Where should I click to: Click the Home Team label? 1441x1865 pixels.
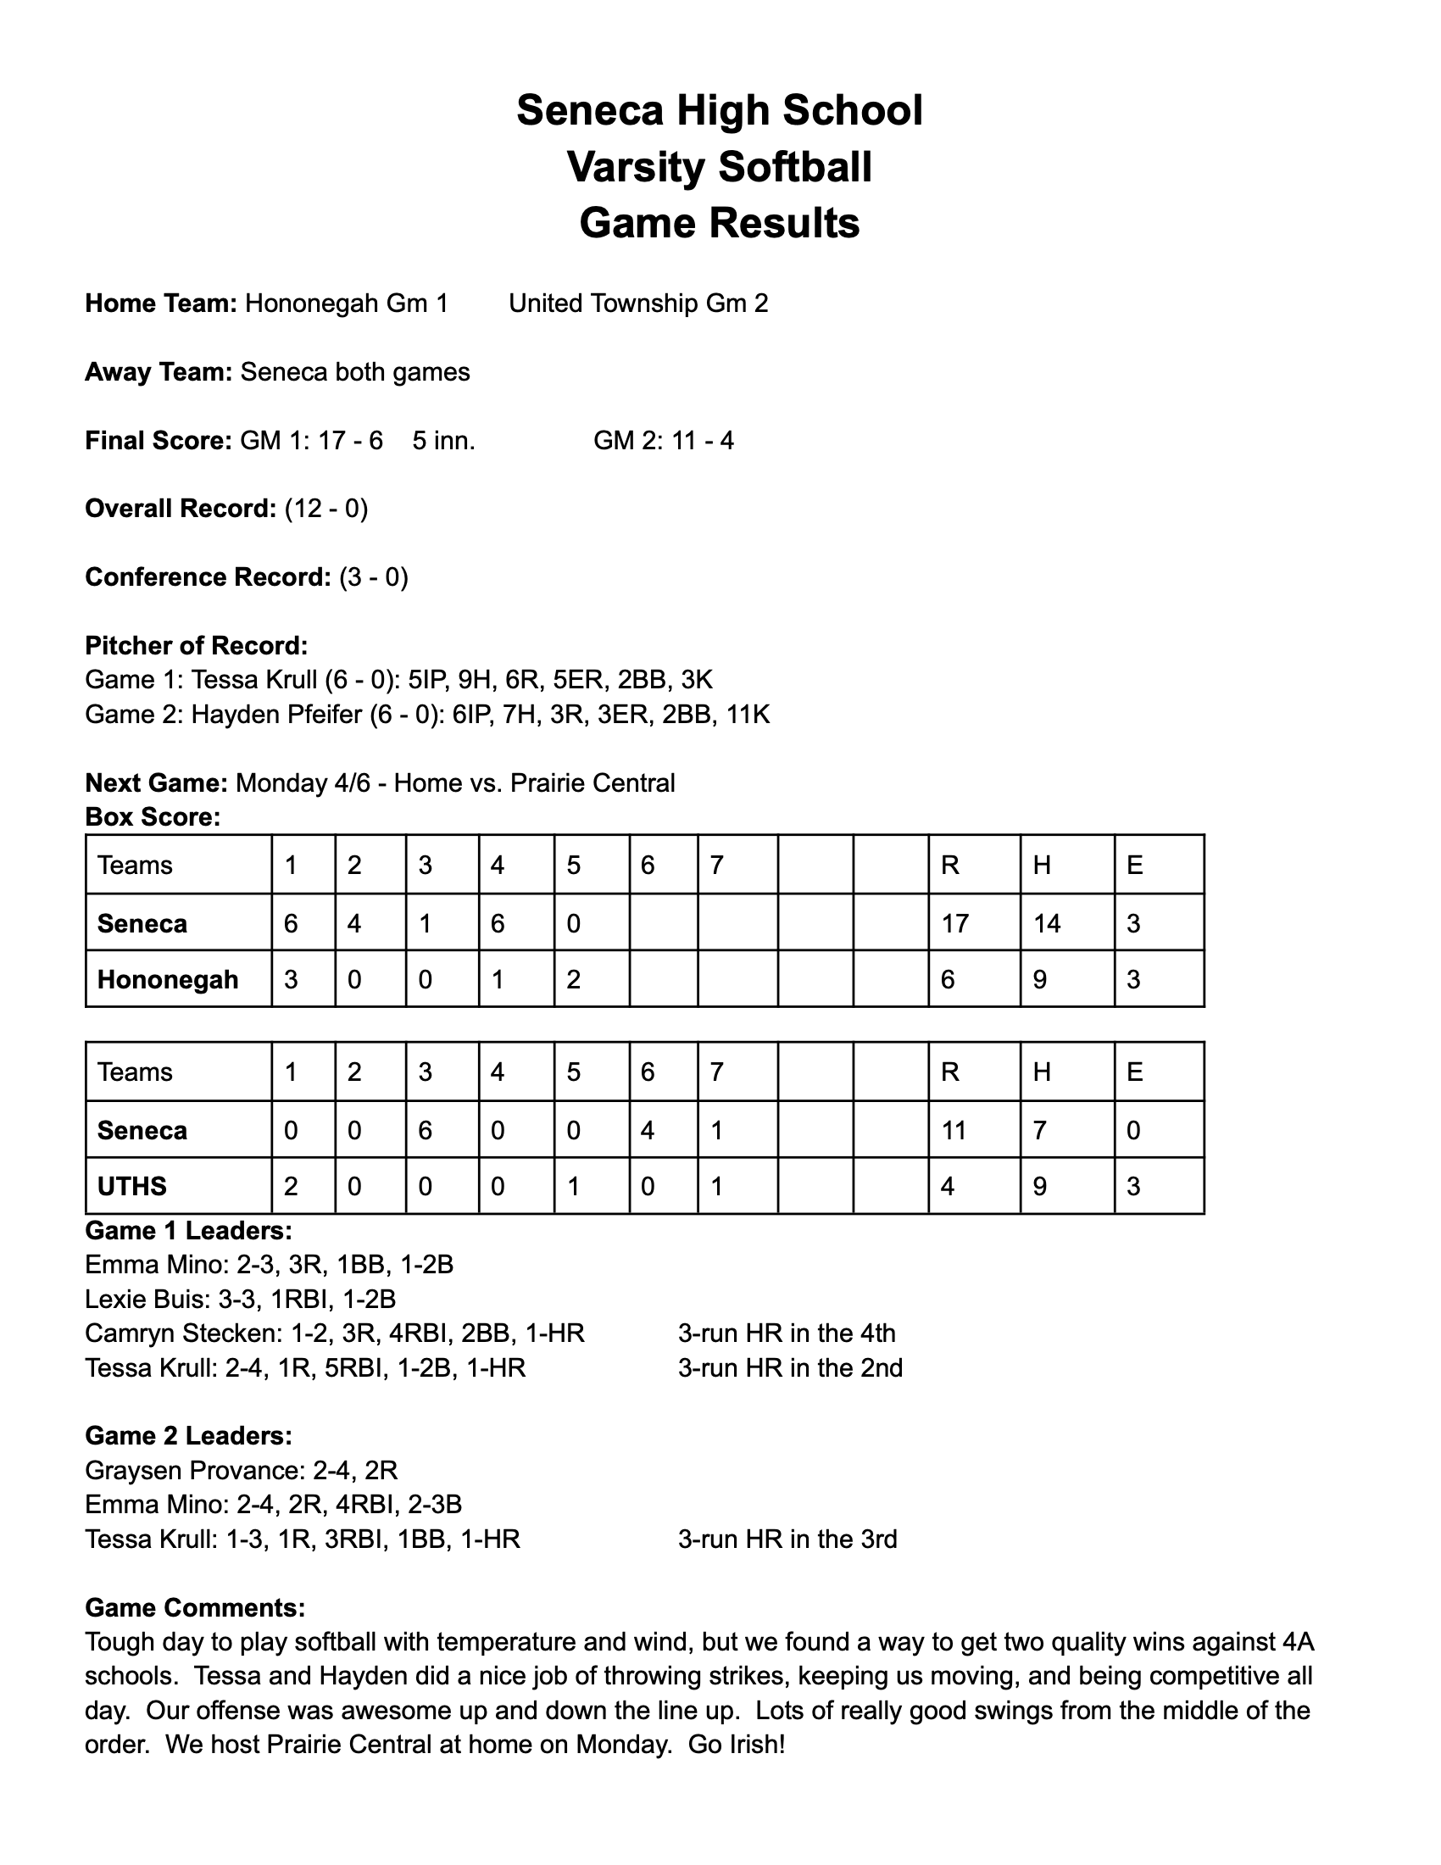[x=160, y=303]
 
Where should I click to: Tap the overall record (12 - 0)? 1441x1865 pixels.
[x=325, y=509]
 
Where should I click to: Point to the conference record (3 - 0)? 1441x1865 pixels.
[x=373, y=577]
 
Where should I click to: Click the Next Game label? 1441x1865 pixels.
[x=156, y=783]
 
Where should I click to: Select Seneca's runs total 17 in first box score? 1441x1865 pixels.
[x=954, y=924]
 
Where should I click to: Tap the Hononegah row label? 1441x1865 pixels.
[x=167, y=979]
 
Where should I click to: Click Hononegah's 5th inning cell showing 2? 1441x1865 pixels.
[x=574, y=979]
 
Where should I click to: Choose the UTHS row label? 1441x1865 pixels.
[x=132, y=1186]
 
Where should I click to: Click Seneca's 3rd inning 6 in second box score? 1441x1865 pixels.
[x=426, y=1131]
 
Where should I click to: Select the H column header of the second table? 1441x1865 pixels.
[x=1042, y=1072]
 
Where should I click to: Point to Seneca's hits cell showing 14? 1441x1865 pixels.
[x=1047, y=924]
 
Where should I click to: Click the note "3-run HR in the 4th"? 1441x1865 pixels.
[x=787, y=1333]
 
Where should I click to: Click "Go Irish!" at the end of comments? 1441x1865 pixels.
[x=736, y=1745]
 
